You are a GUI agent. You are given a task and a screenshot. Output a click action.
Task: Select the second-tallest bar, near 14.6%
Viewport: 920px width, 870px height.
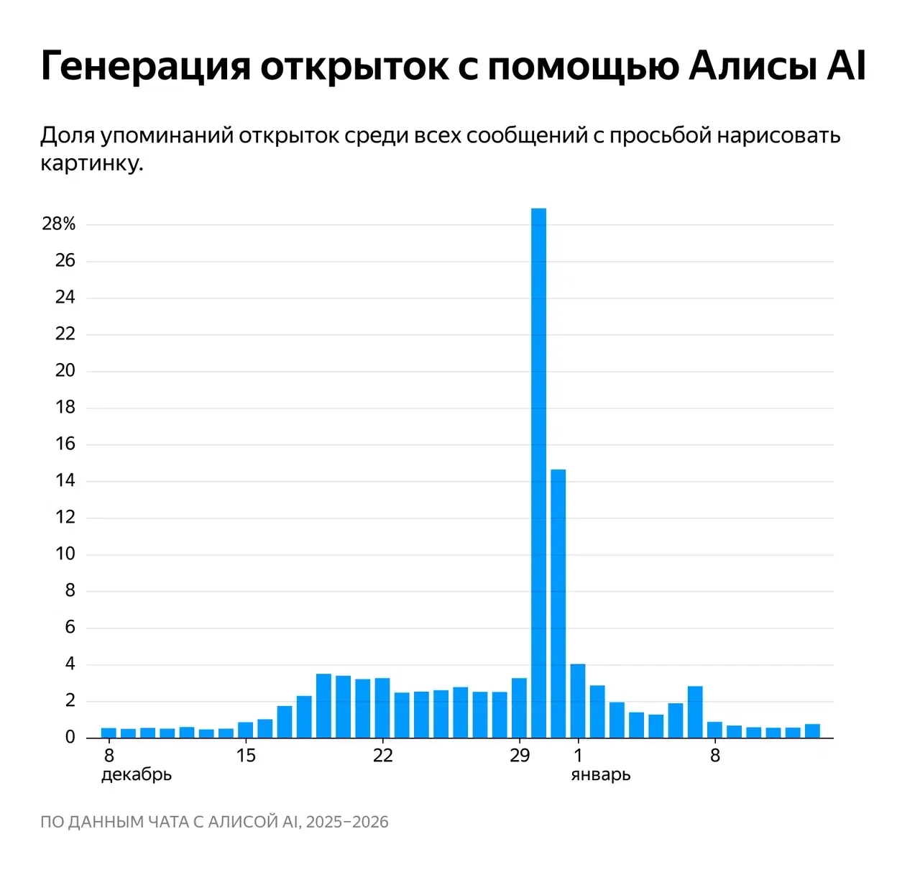pyautogui.click(x=558, y=603)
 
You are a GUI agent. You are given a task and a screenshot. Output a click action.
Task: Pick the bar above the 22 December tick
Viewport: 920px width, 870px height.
pyautogui.click(x=382, y=708)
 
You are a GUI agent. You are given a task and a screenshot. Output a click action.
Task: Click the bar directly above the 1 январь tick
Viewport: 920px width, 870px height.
pyautogui.click(x=578, y=701)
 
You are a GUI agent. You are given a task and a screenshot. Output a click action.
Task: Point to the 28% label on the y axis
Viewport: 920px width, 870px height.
pyautogui.click(x=59, y=224)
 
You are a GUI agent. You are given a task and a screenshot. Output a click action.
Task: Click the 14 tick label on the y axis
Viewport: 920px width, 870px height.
pyautogui.click(x=65, y=480)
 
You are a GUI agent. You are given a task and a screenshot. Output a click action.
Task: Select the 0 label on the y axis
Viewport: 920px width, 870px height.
pyautogui.click(x=70, y=737)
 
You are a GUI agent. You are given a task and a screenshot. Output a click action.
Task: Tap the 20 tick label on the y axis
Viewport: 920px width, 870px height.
pyautogui.click(x=65, y=370)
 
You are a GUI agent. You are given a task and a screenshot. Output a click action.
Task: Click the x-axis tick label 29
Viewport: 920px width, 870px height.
pyautogui.click(x=519, y=756)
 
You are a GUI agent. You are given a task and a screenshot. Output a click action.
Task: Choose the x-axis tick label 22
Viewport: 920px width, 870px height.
pyautogui.click(x=382, y=756)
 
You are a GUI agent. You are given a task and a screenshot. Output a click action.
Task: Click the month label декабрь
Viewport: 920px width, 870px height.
pyautogui.click(x=137, y=775)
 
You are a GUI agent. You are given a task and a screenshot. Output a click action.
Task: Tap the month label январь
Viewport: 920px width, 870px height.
pyautogui.click(x=601, y=775)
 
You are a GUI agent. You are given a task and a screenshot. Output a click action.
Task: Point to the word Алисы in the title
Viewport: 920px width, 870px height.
pyautogui.click(x=752, y=67)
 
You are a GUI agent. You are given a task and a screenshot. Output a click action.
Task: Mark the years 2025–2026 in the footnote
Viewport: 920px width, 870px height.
pyautogui.click(x=347, y=822)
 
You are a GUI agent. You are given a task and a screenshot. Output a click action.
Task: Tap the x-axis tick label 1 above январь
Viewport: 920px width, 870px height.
pyautogui.click(x=578, y=756)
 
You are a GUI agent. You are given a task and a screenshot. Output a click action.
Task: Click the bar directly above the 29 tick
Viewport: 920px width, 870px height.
pyautogui.click(x=519, y=708)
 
